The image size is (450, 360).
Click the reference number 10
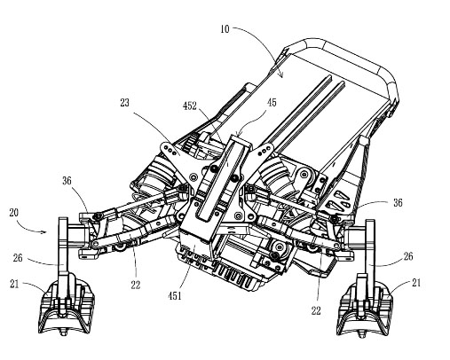pos(225,29)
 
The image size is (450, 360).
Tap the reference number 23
pos(125,103)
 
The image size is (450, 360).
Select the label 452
pos(190,106)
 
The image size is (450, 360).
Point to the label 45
pos(272,103)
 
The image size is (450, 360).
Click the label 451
pos(175,295)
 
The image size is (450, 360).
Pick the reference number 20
pos(13,213)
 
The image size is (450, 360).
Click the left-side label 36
pos(67,181)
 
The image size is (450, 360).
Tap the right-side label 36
pos(398,202)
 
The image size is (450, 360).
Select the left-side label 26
pos(18,258)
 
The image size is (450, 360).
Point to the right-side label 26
pos(408,256)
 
